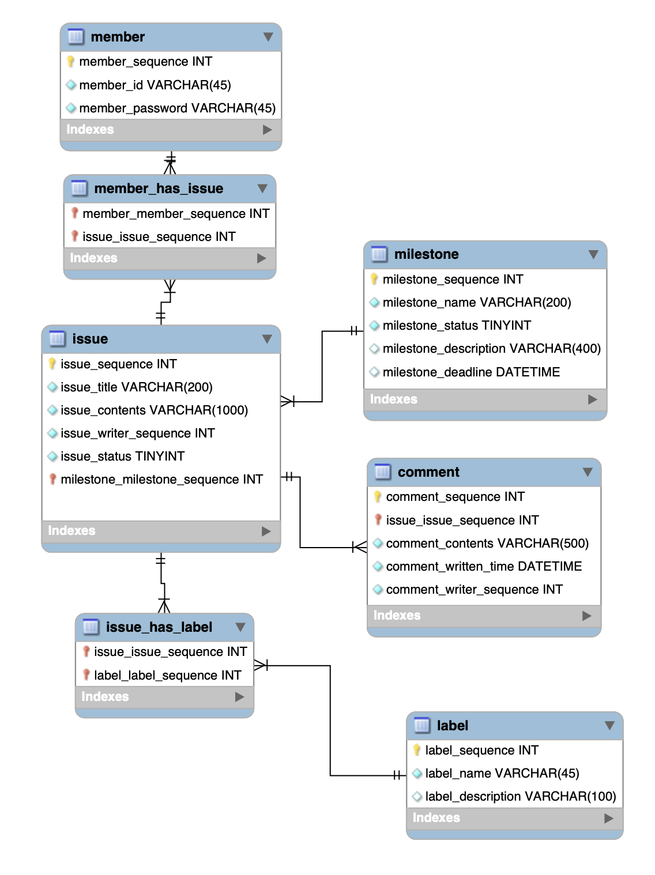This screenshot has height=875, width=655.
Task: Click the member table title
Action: click(x=118, y=37)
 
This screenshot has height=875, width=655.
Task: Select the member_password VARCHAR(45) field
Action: click(x=177, y=108)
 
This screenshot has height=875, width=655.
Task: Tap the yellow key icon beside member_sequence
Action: click(x=71, y=61)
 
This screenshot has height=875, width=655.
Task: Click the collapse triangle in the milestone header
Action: click(x=593, y=254)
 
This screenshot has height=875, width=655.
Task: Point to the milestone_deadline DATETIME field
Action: click(x=470, y=372)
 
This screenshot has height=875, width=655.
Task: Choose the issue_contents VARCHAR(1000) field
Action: click(x=154, y=410)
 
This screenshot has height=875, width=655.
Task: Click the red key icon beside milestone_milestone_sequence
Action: click(x=52, y=479)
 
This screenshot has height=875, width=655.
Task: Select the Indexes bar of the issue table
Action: click(x=161, y=531)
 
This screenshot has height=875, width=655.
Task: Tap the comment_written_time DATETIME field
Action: click(x=483, y=567)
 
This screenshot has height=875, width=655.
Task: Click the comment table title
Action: click(x=428, y=472)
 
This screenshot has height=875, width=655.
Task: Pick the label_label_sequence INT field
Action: click(x=167, y=676)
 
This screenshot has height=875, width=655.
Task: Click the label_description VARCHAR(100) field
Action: click(x=520, y=797)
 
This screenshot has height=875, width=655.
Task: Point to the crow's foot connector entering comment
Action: click(x=360, y=547)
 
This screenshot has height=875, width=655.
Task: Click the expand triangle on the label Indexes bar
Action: click(x=608, y=818)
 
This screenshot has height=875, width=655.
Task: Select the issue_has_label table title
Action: click(x=159, y=627)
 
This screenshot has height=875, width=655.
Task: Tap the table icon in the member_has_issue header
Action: click(x=79, y=188)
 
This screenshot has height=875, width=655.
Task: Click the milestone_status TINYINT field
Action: click(x=456, y=326)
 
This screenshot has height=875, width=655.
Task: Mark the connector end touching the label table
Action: click(x=398, y=775)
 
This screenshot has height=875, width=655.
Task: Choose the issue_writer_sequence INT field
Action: click(x=137, y=433)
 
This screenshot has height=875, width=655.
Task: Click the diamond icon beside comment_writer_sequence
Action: click(x=378, y=590)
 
